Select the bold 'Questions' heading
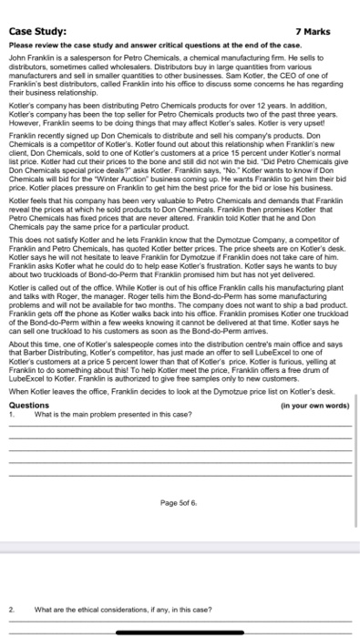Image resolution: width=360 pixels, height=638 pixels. coord(29,431)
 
